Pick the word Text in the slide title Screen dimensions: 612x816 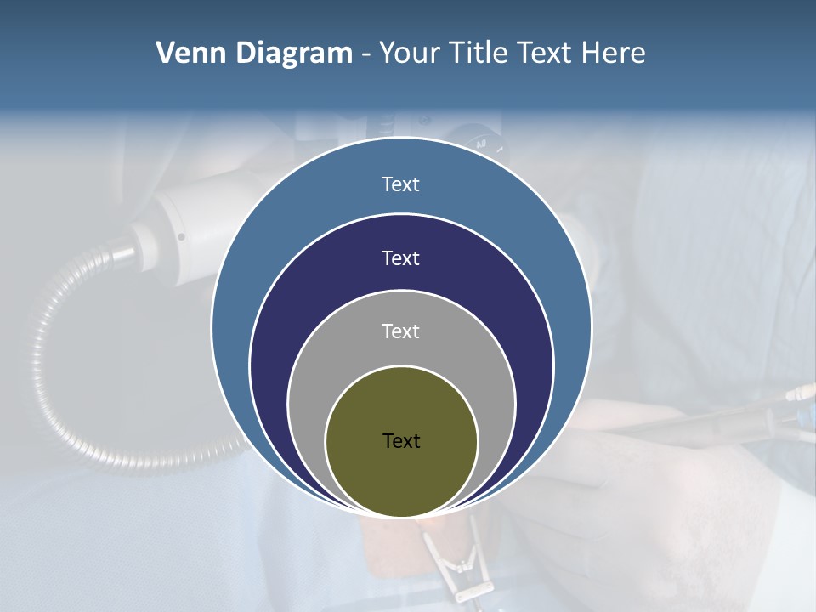[547, 54]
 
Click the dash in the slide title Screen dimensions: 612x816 [365, 54]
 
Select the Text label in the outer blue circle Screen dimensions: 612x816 [400, 184]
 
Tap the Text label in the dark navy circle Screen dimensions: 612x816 [400, 258]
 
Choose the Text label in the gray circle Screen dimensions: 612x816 [400, 331]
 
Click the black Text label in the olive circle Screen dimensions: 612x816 [401, 441]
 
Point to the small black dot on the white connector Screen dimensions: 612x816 [181, 237]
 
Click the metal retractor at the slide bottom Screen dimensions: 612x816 [459, 569]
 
